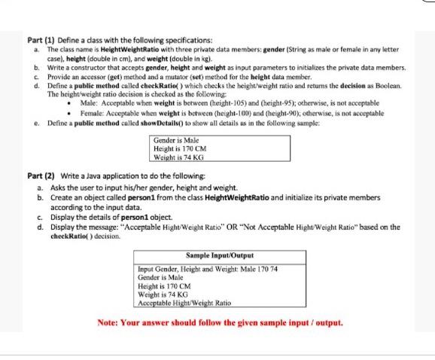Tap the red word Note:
111,322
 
